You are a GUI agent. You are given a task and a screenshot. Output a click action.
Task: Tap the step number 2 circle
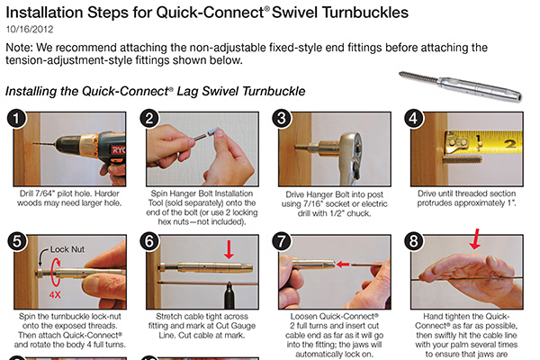pos(150,119)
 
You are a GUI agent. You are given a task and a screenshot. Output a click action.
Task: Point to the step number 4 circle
pos(415,119)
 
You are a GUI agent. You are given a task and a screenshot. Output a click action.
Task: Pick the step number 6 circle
pos(150,242)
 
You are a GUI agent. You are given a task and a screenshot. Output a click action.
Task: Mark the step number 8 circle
pos(415,242)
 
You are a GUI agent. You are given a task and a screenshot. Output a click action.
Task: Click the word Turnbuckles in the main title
pos(353,12)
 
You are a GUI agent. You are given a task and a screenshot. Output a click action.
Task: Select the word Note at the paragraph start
pos(22,47)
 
